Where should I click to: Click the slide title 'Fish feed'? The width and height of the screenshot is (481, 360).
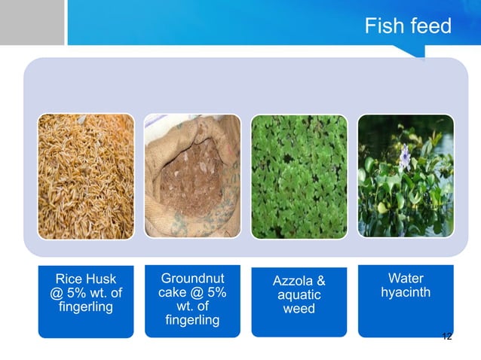coord(407,27)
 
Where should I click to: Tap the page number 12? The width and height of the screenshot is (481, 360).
coord(446,336)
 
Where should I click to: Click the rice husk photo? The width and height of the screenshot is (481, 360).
coord(85,176)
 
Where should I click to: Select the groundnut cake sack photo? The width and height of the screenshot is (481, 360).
coord(191,176)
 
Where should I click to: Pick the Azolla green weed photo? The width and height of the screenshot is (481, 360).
coord(299,176)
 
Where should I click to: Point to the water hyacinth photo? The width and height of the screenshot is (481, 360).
coord(405,176)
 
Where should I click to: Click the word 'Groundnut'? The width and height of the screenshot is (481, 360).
coord(191,278)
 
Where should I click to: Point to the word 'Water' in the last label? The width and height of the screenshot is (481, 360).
coord(406,278)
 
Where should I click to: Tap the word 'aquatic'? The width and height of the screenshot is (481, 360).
coord(299,296)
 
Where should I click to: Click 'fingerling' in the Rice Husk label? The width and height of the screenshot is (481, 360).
coord(85,307)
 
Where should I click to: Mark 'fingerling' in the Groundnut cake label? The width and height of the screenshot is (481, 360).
coord(191,322)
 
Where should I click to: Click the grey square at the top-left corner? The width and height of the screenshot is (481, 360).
coord(32,22)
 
